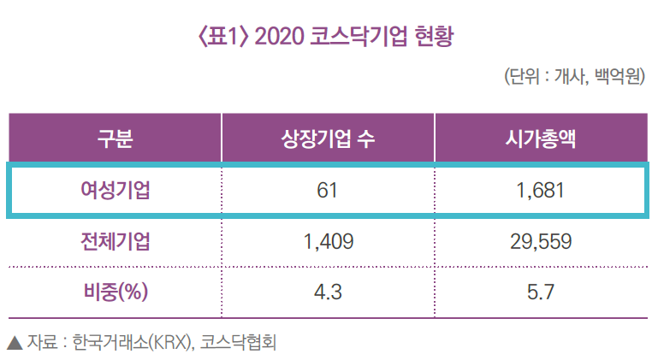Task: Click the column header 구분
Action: coord(115,138)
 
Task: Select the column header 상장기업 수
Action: coord(329,138)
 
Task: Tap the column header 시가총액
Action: coord(540,138)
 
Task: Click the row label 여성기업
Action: coord(115,190)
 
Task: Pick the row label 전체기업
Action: coord(115,241)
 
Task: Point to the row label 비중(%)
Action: coord(115,292)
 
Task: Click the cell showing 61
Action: coord(329,190)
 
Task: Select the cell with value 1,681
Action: coord(540,190)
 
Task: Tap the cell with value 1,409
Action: coord(329,241)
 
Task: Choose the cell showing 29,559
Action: coord(540,241)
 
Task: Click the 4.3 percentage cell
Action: coord(329,292)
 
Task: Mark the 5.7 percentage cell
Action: coord(540,292)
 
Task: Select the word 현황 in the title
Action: coord(431,37)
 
